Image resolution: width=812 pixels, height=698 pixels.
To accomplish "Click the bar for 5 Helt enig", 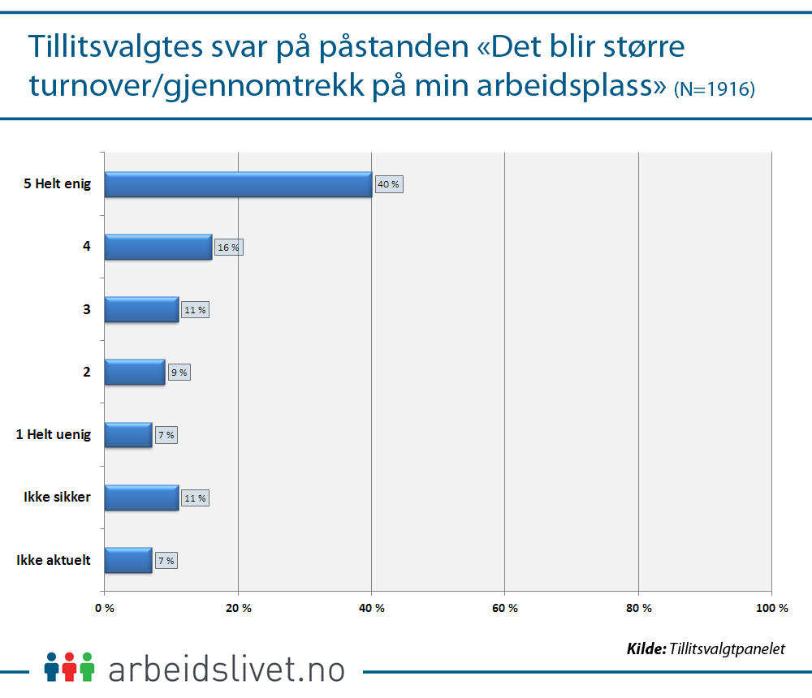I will point(238,184).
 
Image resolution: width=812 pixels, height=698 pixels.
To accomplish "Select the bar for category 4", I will point(158,247).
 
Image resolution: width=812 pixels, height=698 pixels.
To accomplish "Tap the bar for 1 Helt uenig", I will point(128,435).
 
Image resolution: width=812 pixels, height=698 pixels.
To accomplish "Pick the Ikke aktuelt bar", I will point(128,560).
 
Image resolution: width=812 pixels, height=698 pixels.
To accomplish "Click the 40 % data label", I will point(389,184).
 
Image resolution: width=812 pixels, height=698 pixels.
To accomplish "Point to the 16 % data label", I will point(228,247).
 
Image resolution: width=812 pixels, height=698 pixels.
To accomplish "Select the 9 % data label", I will point(179,373).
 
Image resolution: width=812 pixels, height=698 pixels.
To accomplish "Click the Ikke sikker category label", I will point(57,498).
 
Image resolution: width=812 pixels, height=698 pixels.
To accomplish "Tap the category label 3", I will point(86,309).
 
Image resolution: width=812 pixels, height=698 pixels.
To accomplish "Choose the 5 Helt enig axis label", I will point(56,184).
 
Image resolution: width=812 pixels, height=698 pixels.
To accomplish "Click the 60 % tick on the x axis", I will point(505,608).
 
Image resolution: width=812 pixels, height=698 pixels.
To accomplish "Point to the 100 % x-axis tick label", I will point(771,608).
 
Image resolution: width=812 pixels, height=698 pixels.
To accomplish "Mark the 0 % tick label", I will point(105,608).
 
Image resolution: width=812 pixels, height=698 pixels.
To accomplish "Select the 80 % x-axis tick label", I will point(638,608).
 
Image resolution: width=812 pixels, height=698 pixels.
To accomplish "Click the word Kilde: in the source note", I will point(646,648).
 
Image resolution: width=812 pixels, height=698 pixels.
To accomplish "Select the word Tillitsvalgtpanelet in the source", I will point(728,648).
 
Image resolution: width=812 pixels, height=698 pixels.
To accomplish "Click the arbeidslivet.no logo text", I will point(226,669).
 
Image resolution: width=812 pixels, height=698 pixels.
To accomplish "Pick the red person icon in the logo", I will point(70,666).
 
